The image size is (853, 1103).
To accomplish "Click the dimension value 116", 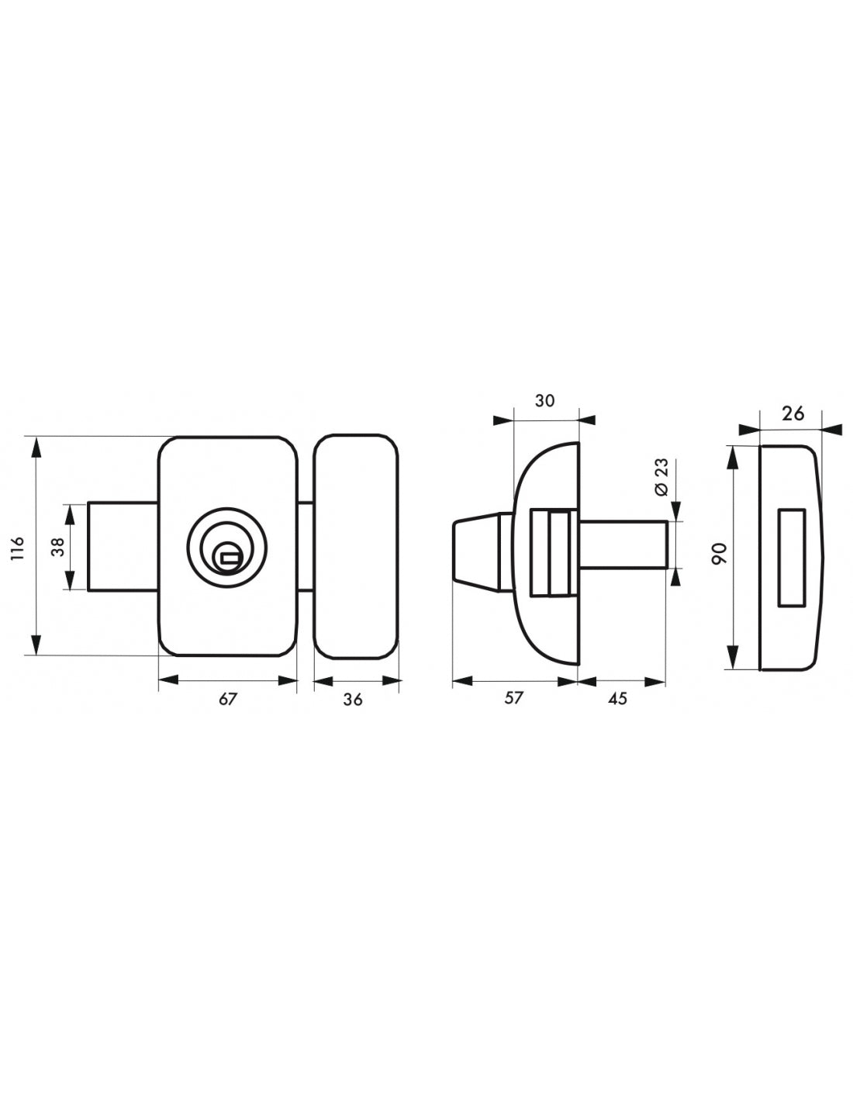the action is click(x=18, y=548).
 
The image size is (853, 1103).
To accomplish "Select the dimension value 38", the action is click(x=60, y=547).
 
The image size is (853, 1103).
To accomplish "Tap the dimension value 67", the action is click(x=228, y=699).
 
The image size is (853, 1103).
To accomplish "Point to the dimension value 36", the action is click(x=353, y=700).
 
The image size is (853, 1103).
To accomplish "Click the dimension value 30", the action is click(x=544, y=401).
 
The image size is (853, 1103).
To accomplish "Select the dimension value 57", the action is click(x=513, y=698).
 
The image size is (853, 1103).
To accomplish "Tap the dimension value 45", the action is click(x=617, y=699).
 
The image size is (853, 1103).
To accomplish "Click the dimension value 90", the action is click(x=720, y=553).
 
